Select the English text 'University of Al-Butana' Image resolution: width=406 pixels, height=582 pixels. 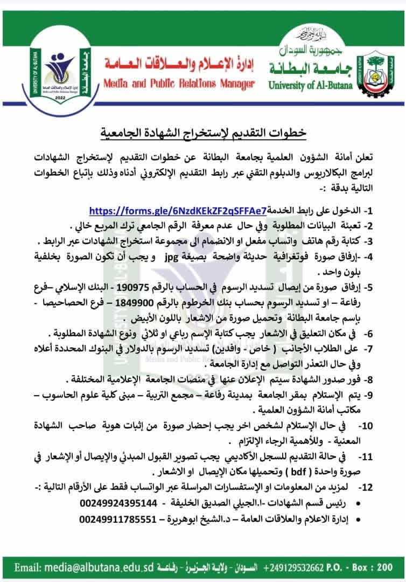coord(309,85)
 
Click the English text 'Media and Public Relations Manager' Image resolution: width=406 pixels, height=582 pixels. coord(178,85)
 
